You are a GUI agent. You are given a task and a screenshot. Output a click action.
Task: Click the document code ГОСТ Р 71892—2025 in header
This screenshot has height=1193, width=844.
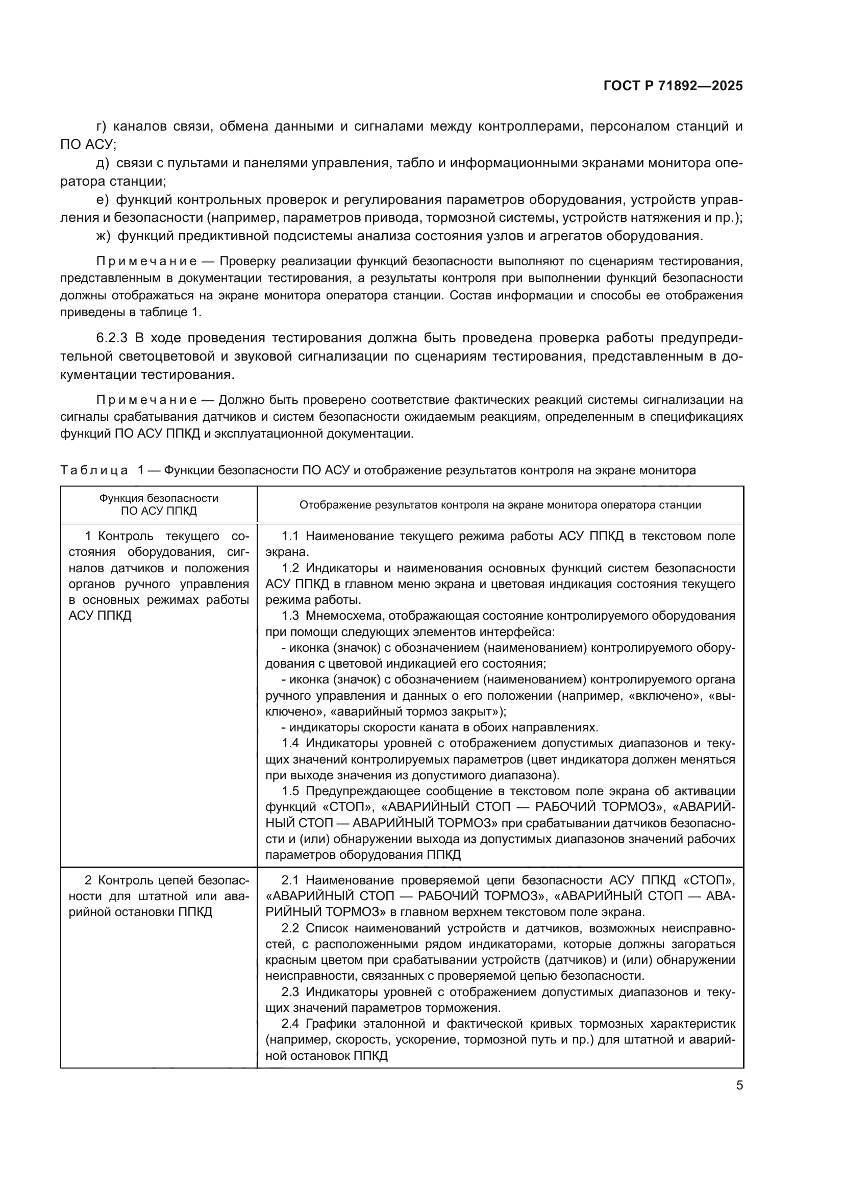click(673, 86)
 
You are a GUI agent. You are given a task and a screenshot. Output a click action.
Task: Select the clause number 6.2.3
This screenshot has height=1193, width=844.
click(112, 338)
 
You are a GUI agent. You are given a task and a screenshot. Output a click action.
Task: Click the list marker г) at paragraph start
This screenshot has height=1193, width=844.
click(102, 126)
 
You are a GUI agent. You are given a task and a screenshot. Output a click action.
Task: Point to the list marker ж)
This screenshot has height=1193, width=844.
click(104, 236)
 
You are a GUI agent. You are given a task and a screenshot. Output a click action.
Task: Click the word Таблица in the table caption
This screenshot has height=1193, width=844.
click(93, 471)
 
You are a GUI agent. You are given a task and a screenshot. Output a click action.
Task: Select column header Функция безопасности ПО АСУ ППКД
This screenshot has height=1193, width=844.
click(159, 504)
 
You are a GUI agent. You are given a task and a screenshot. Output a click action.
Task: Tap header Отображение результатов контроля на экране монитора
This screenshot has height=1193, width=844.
click(500, 504)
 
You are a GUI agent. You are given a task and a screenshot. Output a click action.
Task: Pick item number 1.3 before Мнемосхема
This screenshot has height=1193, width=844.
click(290, 616)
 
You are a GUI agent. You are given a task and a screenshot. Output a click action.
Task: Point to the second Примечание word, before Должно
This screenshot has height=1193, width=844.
click(146, 400)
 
